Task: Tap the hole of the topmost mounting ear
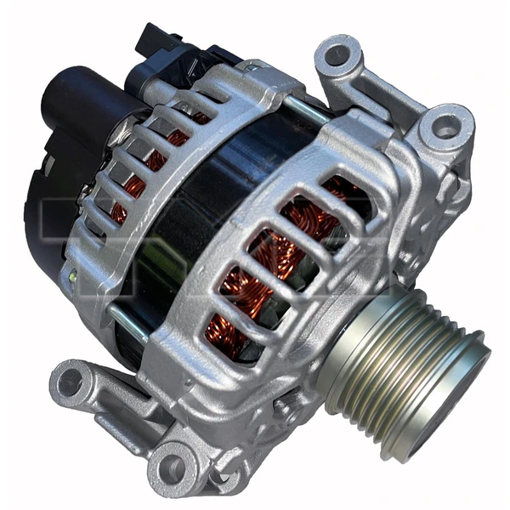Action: tap(338, 54)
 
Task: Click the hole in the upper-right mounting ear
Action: tap(447, 127)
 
